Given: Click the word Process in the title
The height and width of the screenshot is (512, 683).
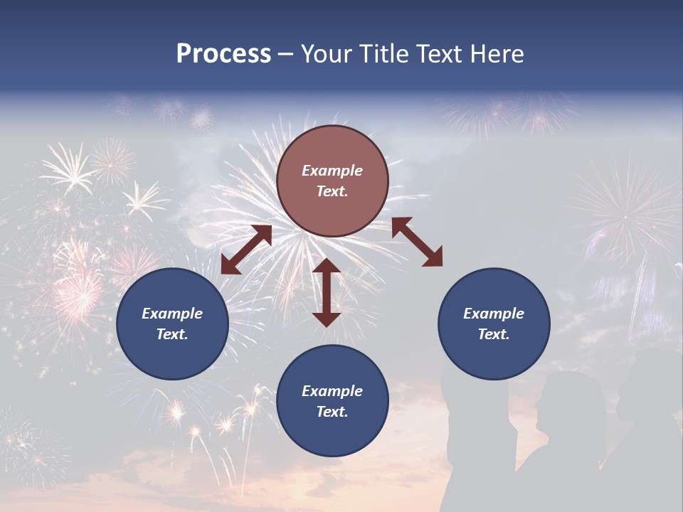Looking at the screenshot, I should (223, 54).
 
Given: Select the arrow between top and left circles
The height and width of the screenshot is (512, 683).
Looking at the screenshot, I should (246, 250).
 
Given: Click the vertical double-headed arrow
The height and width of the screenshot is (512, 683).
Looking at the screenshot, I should (327, 292).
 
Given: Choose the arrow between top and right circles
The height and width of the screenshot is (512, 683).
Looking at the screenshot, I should (417, 242).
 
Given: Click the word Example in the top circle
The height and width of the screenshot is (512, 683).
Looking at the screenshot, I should (332, 171).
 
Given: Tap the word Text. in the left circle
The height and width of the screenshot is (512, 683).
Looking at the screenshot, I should (172, 334).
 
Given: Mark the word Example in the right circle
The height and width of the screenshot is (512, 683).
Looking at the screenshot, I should (494, 314).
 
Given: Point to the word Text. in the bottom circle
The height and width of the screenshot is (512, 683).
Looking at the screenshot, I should (332, 412).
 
